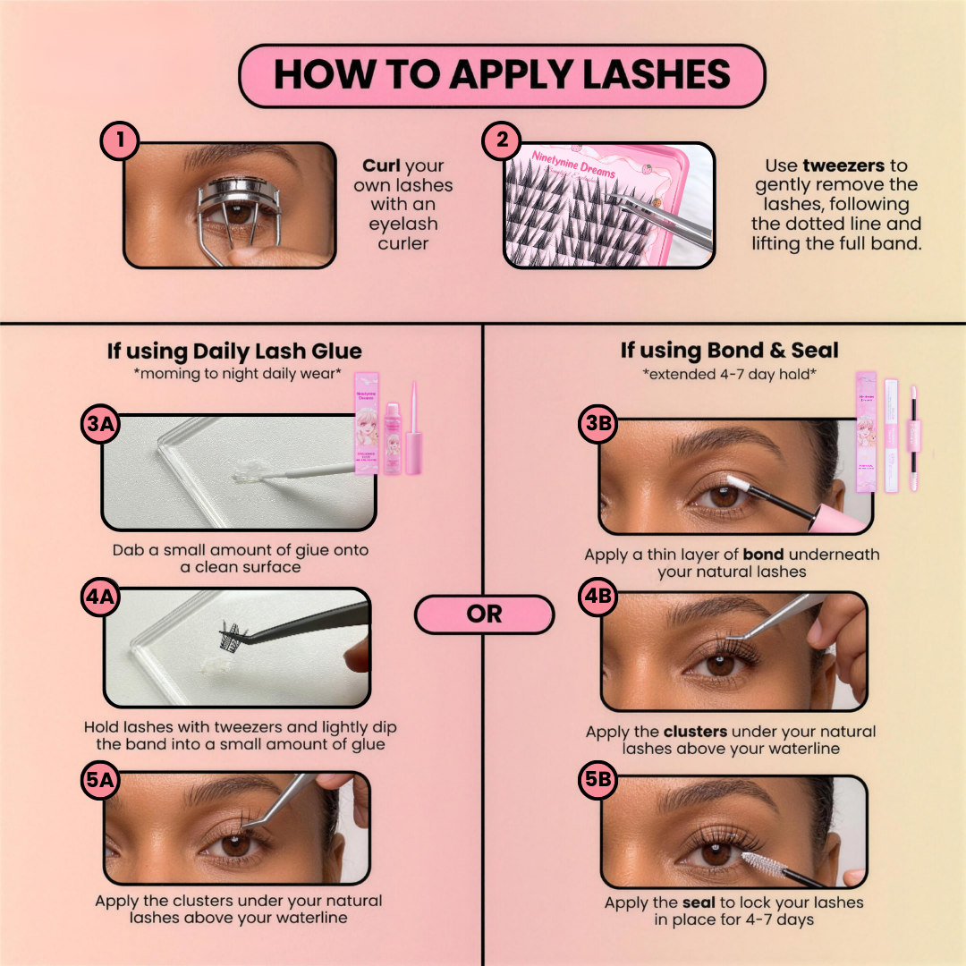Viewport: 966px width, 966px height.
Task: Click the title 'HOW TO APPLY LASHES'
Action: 502,76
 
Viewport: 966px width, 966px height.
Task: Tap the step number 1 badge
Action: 119,141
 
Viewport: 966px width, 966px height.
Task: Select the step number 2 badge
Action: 501,141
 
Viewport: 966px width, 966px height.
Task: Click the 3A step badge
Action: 100,426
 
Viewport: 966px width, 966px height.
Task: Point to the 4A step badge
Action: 100,599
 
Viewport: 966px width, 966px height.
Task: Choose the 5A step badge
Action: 100,780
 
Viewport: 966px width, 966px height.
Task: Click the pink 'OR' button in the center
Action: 484,615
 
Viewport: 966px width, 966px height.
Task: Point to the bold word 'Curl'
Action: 382,166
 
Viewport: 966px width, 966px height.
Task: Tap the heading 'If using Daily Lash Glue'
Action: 234,352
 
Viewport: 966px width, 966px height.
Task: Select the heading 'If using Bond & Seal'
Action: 730,351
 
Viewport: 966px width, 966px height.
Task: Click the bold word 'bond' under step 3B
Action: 763,555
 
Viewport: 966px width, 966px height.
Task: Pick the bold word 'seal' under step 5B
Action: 699,902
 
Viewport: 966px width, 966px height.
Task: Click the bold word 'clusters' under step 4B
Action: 697,732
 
